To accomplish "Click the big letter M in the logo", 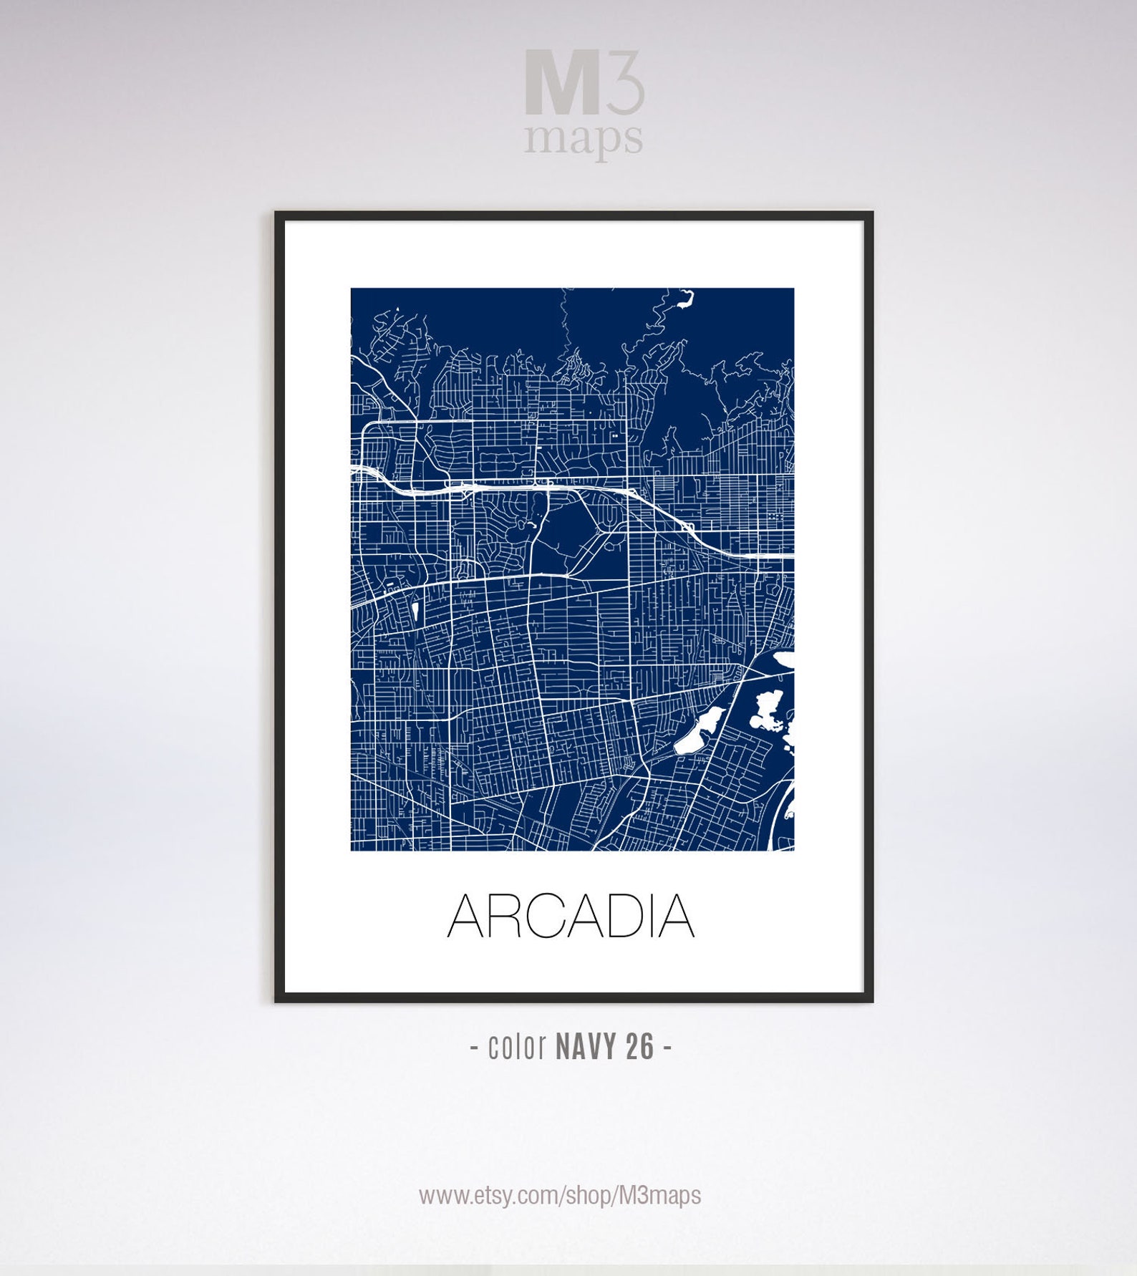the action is click(561, 83).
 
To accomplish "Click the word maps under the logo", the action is click(583, 137).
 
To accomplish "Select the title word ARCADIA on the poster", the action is click(571, 916).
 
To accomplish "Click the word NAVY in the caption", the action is click(586, 1048).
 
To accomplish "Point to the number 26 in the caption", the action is click(640, 1048).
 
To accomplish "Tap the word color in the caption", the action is click(517, 1048).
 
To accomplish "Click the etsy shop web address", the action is click(560, 1194).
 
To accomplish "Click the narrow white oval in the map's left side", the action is click(415, 612).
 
